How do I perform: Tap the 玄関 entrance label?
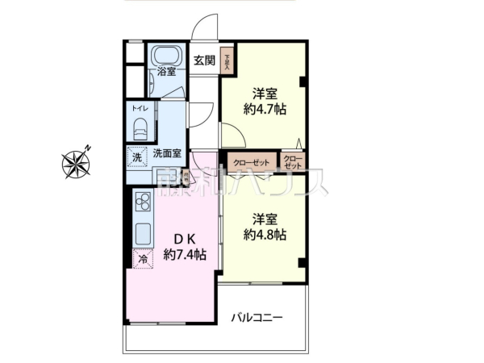tap(204, 60)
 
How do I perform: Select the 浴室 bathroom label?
tap(166, 72)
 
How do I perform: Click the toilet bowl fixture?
tap(140, 127)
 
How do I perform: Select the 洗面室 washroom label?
tap(166, 154)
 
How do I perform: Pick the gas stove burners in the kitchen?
tap(142, 202)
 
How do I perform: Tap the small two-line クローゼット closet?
tap(293, 161)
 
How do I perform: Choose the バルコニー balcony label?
tap(257, 318)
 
